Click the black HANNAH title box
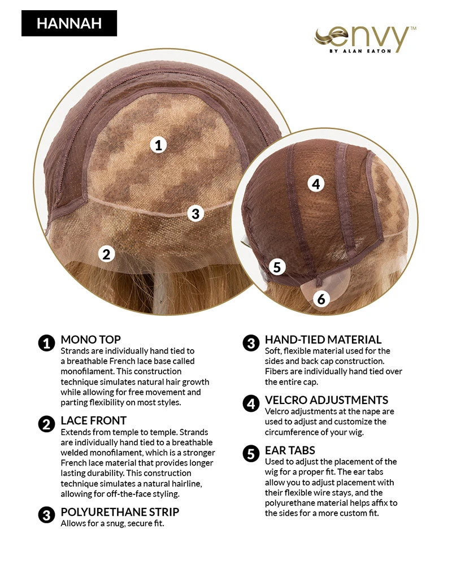[x=69, y=23]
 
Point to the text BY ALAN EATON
[x=360, y=51]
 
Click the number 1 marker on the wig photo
[x=158, y=145]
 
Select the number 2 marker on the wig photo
[x=106, y=254]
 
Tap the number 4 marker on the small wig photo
[x=316, y=184]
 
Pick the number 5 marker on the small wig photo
[x=277, y=267]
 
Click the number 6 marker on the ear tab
[x=321, y=299]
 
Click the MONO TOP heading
[x=90, y=340]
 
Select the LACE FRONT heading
[x=94, y=420]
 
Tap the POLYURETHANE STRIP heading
[x=120, y=512]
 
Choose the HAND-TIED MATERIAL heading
[x=323, y=340]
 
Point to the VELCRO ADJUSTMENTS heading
[x=327, y=400]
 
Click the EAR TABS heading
[x=290, y=450]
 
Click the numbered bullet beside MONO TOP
[x=46, y=343]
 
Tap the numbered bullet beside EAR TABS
[x=251, y=454]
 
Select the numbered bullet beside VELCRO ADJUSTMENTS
[x=251, y=403]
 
